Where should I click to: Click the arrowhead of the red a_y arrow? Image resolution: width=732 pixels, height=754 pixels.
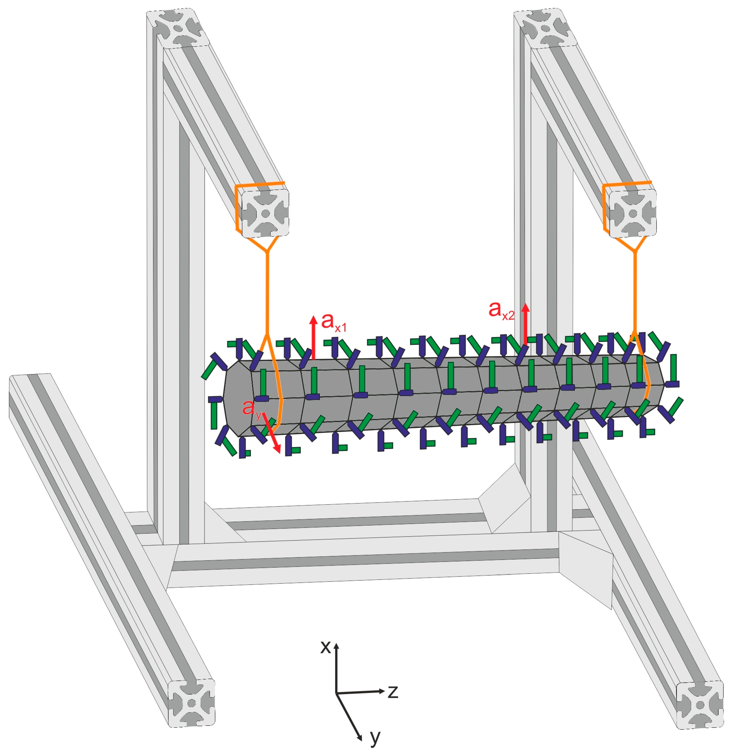277,447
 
